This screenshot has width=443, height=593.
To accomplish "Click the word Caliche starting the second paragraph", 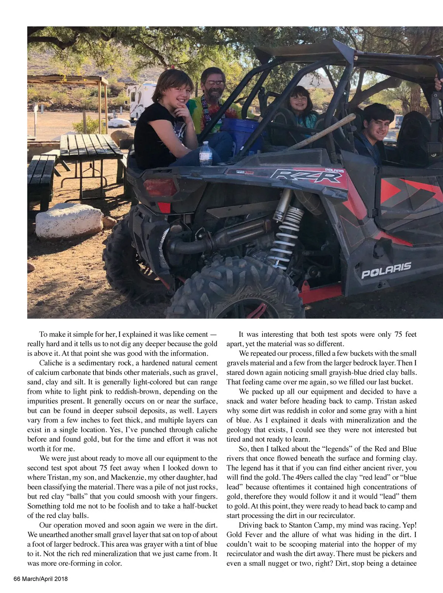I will pos(50,363).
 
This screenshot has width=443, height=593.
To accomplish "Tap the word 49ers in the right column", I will pos(305,477).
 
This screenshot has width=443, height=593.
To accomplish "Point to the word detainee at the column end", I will pos(400,563).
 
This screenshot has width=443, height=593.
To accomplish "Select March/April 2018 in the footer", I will pos(45,579).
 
